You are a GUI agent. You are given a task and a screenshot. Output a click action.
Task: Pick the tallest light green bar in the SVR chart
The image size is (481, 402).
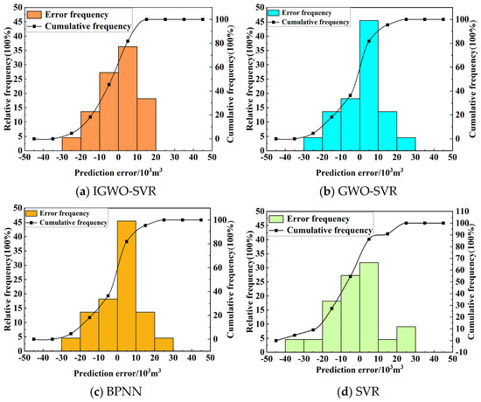[369, 306]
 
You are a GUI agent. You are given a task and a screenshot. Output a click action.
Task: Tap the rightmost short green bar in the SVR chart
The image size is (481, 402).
[406, 338]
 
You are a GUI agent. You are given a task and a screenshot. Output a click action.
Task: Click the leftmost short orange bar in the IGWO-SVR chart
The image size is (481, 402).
[71, 143]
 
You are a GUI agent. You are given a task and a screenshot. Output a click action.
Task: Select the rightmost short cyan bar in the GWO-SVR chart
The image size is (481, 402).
[406, 143]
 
